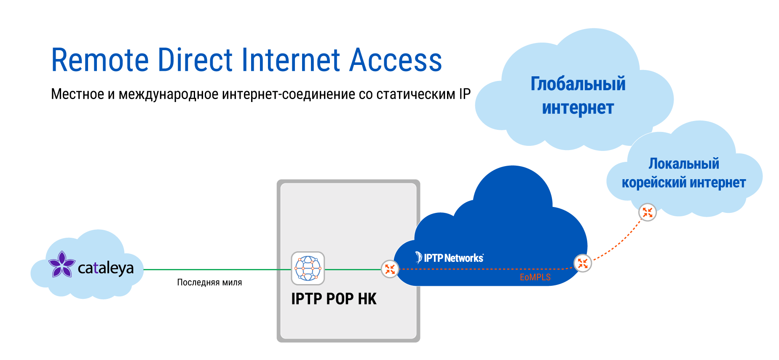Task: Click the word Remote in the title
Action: pos(100,60)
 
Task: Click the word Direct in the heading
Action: pos(195,60)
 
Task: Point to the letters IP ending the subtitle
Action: pos(464,94)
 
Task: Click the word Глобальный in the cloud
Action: pos(578,84)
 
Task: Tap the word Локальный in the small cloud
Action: pos(683,164)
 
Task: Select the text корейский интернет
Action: pos(683,183)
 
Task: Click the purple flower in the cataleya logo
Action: pos(62,265)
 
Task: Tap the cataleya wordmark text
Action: pos(106,268)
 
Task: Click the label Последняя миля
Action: pos(209,282)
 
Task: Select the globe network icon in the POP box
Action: pos(308,268)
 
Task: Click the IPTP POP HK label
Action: pos(334,299)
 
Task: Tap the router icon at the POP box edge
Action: pos(390,269)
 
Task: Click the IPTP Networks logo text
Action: pos(453,258)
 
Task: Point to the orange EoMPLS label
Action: pos(535,277)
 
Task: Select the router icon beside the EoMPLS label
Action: pos(583,263)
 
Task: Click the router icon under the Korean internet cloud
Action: pos(647,212)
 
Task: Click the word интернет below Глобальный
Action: pos(578,108)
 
